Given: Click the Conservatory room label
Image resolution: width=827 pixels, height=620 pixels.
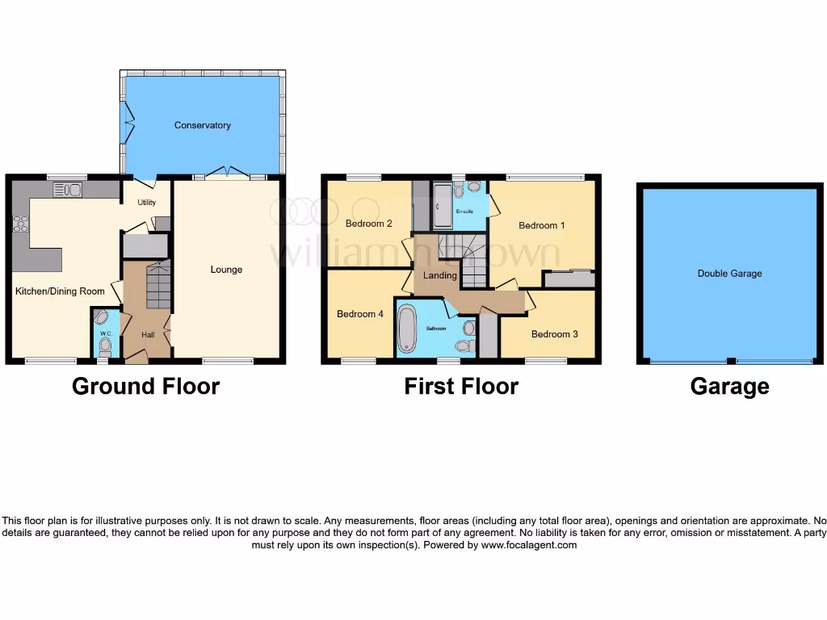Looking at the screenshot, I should pyautogui.click(x=203, y=125).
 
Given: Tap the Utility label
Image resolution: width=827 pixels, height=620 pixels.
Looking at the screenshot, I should pyautogui.click(x=146, y=203).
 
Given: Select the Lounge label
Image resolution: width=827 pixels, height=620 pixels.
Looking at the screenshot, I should pyautogui.click(x=226, y=270).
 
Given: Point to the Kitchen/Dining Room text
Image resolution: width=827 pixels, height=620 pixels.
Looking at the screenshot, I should pyautogui.click(x=60, y=291).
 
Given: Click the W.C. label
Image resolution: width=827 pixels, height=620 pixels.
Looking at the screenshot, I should pyautogui.click(x=104, y=333).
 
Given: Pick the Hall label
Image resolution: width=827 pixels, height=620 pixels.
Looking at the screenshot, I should pyautogui.click(x=148, y=334).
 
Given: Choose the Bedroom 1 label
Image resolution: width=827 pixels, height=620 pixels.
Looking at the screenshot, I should pyautogui.click(x=537, y=226).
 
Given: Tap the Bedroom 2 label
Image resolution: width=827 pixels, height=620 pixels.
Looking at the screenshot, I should pyautogui.click(x=369, y=224).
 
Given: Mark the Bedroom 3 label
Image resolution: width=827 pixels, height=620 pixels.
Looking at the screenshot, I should pyautogui.click(x=554, y=333).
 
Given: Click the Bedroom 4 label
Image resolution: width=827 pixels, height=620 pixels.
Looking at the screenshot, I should pyautogui.click(x=360, y=314).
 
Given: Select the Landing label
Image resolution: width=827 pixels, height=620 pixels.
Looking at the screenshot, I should pyautogui.click(x=440, y=275).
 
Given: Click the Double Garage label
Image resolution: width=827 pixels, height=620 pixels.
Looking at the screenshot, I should pyautogui.click(x=729, y=274).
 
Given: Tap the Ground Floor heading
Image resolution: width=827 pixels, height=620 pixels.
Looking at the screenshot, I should pyautogui.click(x=145, y=387).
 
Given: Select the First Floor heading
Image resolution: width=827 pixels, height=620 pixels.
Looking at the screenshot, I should pyautogui.click(x=461, y=387).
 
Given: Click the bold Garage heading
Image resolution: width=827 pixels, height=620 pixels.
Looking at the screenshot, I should pyautogui.click(x=729, y=387).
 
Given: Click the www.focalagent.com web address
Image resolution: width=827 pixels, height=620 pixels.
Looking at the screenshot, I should pyautogui.click(x=530, y=545).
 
